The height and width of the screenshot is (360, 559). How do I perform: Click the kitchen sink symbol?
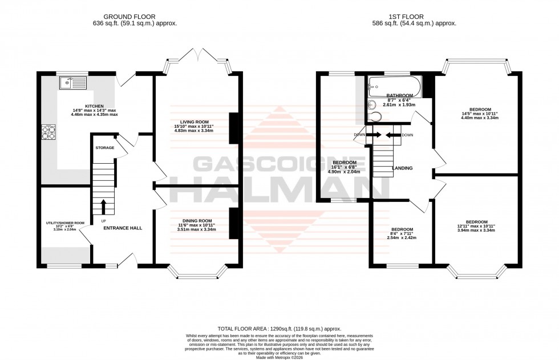coord(72,84)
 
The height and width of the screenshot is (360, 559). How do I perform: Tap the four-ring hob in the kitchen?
coord(47,132)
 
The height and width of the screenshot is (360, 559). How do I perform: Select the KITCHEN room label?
coord(94,106)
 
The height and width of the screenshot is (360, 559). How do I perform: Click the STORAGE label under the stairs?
coord(105,148)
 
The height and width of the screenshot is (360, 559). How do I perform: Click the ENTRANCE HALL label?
coord(122,228)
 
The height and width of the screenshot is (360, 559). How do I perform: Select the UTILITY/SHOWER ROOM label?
coord(65,223)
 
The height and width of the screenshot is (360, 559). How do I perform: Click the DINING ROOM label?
coord(197,221)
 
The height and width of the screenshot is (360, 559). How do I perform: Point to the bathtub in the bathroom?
coord(394,87)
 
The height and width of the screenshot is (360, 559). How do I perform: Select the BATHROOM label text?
coord(399,95)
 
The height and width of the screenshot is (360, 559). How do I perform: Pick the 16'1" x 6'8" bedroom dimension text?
coord(344,167)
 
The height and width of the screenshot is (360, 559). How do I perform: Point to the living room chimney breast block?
coord(233,128)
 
